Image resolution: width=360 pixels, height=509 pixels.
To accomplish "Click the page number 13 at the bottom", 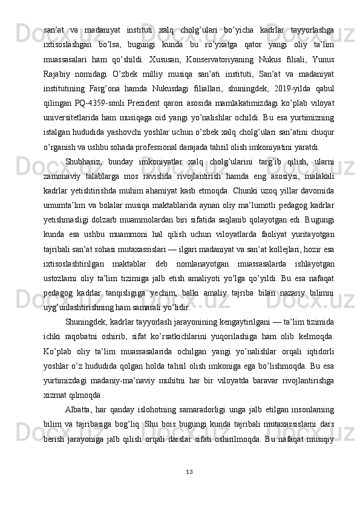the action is point(180,471).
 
